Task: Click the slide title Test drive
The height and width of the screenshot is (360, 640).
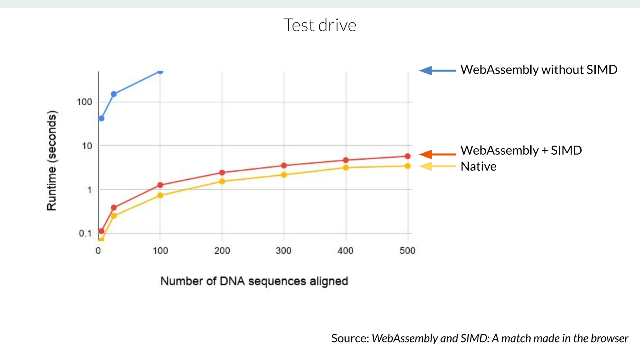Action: click(x=320, y=25)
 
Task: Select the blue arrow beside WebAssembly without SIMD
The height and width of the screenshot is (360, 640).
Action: click(x=437, y=71)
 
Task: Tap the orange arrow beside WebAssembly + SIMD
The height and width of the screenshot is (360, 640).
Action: click(x=437, y=154)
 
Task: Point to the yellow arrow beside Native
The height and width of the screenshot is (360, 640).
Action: click(x=437, y=166)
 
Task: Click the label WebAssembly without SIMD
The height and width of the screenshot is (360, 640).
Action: click(x=539, y=70)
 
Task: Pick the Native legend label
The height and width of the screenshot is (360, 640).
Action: click(x=478, y=167)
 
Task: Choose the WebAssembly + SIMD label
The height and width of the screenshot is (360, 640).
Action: click(x=521, y=150)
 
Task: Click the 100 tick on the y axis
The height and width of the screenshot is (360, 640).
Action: click(x=84, y=102)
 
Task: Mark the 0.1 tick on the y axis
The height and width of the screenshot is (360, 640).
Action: click(x=85, y=233)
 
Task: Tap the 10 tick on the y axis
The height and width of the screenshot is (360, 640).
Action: click(x=87, y=146)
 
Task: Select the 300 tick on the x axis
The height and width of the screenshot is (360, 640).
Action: click(x=283, y=251)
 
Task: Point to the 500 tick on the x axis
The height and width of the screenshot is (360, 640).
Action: click(x=407, y=251)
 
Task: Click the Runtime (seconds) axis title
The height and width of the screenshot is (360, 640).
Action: click(x=52, y=160)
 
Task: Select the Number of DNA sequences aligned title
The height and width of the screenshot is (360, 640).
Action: click(x=254, y=281)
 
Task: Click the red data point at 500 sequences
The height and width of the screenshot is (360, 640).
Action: click(x=407, y=156)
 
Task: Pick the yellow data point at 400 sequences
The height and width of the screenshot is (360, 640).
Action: click(x=346, y=167)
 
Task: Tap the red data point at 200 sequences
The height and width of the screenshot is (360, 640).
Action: click(x=222, y=172)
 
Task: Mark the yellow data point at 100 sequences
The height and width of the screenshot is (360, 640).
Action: click(x=160, y=195)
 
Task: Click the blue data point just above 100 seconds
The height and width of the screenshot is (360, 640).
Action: click(x=114, y=94)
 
